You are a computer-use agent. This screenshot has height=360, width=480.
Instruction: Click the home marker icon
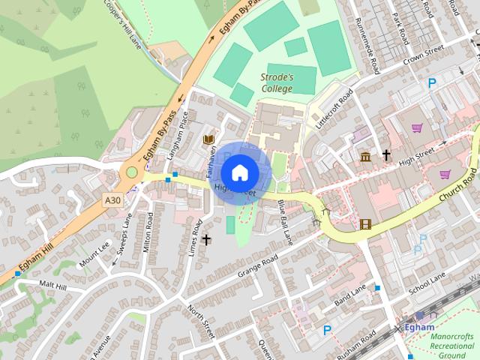point(239,172)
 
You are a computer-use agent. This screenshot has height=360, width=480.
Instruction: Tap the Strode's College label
point(277,82)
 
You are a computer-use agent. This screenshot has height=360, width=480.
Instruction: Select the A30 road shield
point(112,199)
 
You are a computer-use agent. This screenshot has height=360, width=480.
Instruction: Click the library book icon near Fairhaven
point(209,139)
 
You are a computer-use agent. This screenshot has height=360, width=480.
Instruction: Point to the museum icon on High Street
point(366,156)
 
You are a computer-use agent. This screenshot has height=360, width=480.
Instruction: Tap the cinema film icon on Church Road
point(366,223)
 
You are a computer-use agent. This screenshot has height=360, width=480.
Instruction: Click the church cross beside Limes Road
point(206,240)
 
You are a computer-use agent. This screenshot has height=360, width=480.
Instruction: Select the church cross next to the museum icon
point(387,155)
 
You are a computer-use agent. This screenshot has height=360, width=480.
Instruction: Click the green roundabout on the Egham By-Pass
point(132,172)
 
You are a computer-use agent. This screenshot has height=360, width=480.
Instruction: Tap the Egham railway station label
point(419,327)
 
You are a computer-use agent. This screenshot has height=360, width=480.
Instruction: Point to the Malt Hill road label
point(52,286)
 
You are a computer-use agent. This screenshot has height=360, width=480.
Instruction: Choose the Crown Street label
point(424,56)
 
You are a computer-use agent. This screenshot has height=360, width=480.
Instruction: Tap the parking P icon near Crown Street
point(431,83)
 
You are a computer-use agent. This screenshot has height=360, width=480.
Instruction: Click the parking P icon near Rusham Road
point(327,329)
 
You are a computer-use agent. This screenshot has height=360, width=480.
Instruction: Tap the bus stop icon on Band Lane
point(377,288)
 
